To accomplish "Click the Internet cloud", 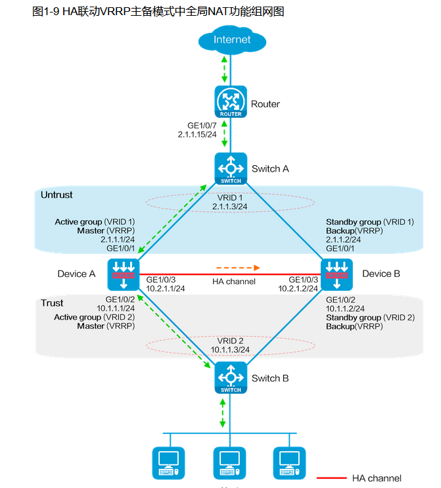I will [231, 41].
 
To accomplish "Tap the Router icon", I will [231, 102].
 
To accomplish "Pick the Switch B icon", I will [231, 378].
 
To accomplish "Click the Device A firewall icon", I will [124, 275].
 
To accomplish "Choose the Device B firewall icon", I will [337, 275].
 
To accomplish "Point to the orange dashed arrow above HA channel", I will [239, 268].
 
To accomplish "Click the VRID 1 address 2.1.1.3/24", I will [231, 206].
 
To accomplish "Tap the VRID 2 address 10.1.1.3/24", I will [231, 350].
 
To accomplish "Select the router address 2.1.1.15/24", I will [197, 134].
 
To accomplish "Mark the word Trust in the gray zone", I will [53, 303].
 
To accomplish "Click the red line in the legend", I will [331, 478].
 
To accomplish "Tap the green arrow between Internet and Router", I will [225, 68].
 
